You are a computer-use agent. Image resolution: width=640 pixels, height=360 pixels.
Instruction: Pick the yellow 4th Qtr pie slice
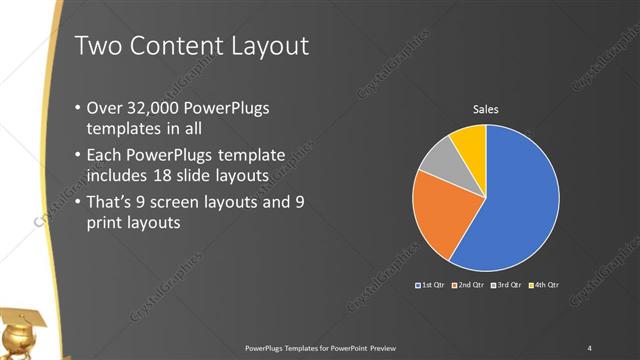[x=470, y=141]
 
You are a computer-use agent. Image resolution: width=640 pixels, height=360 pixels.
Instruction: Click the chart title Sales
[x=485, y=109]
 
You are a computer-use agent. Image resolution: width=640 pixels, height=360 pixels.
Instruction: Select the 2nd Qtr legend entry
[x=471, y=286]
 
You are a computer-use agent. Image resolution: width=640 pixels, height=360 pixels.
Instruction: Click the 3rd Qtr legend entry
[x=508, y=286]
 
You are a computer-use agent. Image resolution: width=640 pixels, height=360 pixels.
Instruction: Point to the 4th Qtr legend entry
[x=545, y=286]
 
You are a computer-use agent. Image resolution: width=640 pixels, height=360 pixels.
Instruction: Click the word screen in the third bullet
[x=199, y=202]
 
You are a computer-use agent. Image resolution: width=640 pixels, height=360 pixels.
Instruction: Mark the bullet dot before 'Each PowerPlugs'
[x=80, y=156]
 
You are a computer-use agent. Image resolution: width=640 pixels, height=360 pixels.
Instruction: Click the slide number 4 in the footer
[x=590, y=348]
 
